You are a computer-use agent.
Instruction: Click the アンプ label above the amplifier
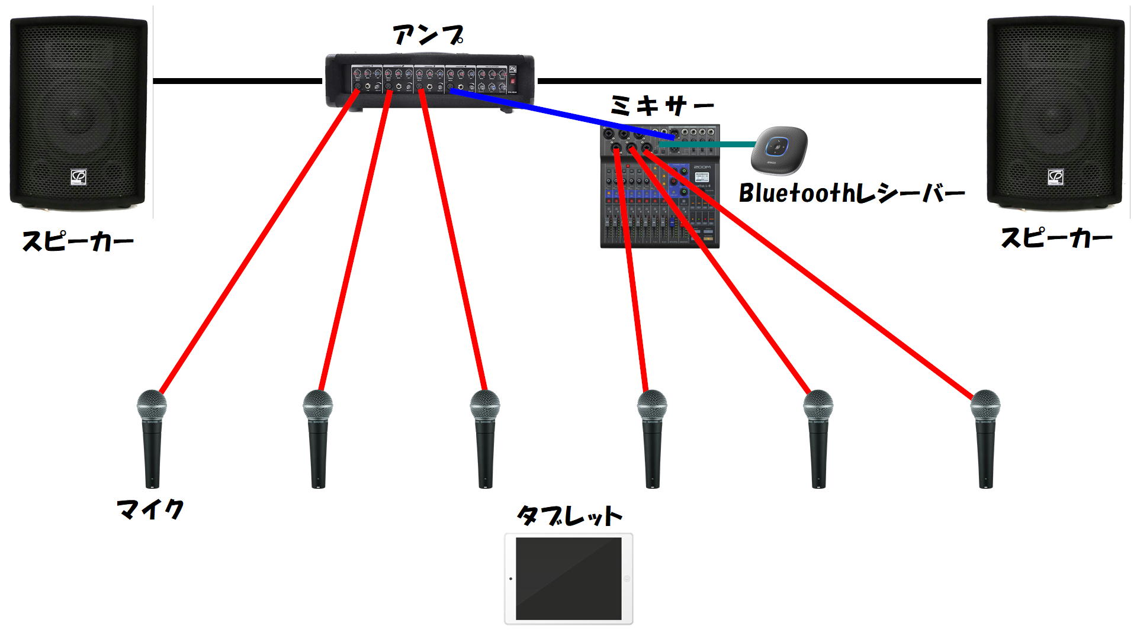428,35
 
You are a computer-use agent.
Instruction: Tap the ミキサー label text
661,106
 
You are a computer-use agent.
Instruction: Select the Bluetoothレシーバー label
852,193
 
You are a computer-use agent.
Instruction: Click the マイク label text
150,509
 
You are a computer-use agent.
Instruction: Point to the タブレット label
569,516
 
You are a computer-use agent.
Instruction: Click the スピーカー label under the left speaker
78,241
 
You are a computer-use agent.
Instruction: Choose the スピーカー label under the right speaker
1056,238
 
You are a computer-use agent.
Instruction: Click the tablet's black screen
568,578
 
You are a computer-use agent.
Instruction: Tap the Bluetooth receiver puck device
779,147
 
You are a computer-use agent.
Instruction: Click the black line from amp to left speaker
237,81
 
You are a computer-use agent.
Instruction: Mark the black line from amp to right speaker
758,81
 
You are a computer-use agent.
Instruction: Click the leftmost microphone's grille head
152,405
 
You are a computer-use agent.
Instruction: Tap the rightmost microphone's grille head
985,406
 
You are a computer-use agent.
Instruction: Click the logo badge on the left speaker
78,176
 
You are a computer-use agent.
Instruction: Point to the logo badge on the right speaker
1055,176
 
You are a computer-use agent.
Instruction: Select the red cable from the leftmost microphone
255,248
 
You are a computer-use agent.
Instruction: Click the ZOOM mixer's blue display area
681,180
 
